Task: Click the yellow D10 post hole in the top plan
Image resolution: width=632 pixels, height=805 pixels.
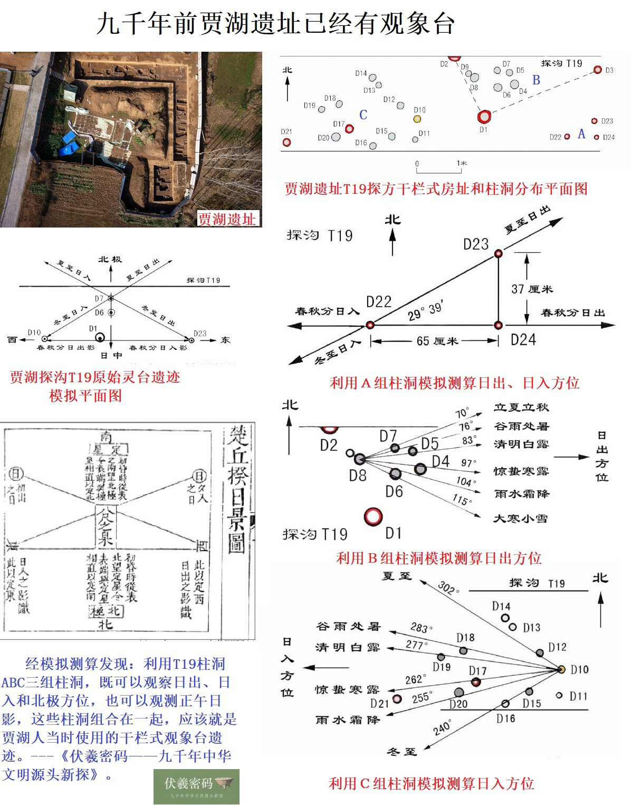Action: coord(417,119)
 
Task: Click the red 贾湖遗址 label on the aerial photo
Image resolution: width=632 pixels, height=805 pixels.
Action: coord(227,219)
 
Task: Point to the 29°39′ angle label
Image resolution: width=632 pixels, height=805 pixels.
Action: coord(425,312)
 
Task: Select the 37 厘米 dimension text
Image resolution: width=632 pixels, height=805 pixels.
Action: coord(532,289)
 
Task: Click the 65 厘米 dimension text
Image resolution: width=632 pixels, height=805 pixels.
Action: coord(437,341)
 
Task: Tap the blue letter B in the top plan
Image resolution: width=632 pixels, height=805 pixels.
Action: coord(536,80)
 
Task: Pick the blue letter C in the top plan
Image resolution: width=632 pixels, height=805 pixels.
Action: coord(363,115)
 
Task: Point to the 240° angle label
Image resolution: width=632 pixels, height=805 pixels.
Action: coord(442,728)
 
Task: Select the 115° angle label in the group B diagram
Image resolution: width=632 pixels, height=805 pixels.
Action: coord(461,499)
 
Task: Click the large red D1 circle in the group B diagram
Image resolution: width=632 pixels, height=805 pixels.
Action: coord(373,516)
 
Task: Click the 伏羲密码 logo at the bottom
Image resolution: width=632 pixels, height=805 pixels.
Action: coord(196,786)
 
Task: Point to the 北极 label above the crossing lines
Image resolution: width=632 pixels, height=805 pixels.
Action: coord(110,259)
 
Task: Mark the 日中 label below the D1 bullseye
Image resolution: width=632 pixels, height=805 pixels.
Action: coord(111,356)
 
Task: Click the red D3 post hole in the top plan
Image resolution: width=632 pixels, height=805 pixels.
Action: coord(597,70)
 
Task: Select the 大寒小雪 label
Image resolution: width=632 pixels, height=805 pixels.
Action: coord(520,519)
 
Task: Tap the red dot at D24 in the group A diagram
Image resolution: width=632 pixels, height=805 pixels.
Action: coord(497,325)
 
